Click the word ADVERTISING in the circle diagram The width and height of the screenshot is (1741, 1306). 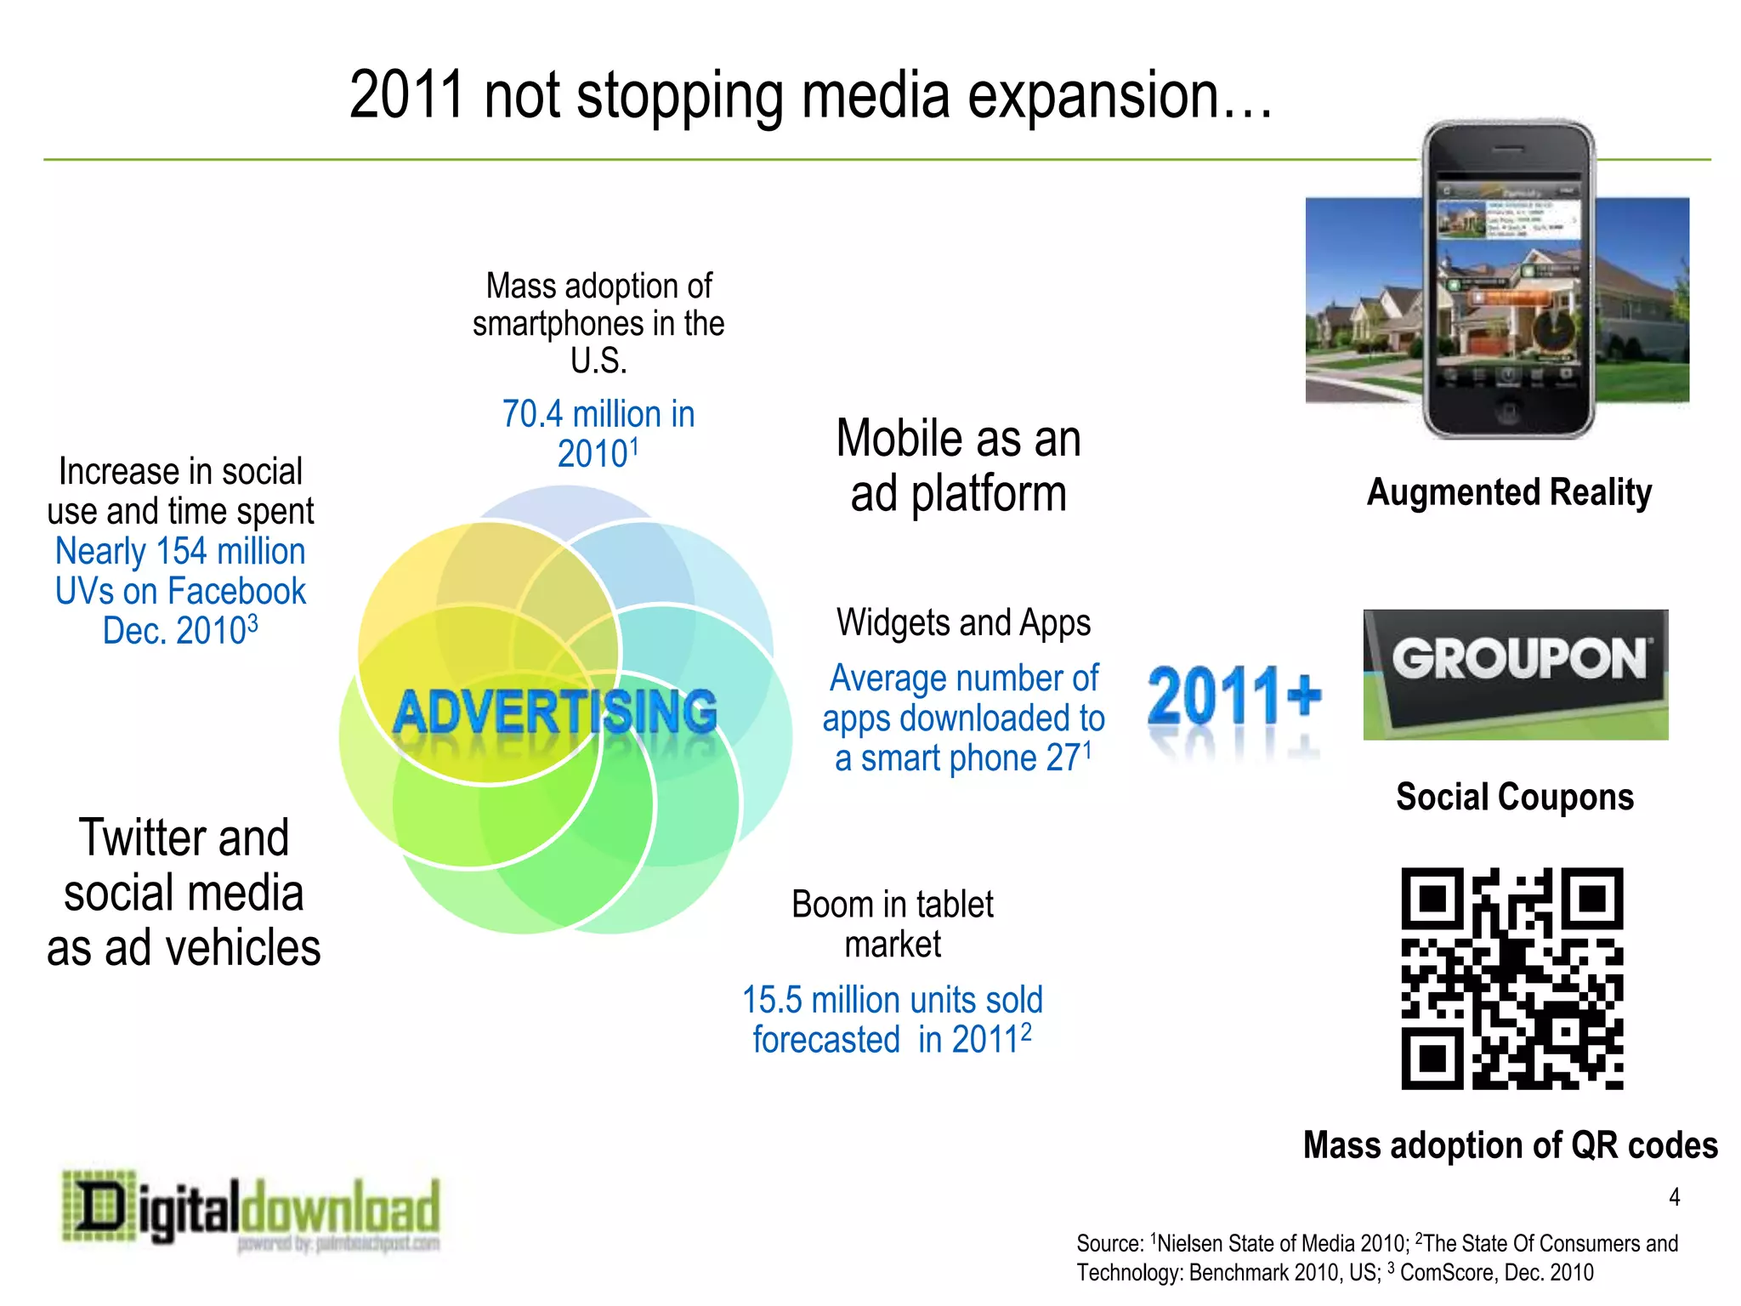click(x=554, y=713)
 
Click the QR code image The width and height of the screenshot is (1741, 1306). click(x=1511, y=978)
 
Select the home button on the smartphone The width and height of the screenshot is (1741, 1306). click(x=1508, y=414)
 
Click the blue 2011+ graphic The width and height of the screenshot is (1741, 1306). click(x=1233, y=697)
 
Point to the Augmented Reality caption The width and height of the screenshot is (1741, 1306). click(x=1509, y=492)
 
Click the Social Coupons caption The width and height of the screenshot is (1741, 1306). click(x=1514, y=797)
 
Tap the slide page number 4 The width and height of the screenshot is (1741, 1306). click(x=1674, y=1197)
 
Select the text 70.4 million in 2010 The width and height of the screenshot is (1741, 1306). click(x=598, y=434)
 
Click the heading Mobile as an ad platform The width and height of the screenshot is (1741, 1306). click(x=958, y=466)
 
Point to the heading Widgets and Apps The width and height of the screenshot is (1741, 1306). click(x=963, y=622)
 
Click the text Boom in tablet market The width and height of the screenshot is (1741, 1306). click(x=892, y=924)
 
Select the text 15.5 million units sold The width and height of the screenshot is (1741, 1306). click(x=892, y=1000)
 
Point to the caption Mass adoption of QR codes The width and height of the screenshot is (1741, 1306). click(x=1510, y=1145)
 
